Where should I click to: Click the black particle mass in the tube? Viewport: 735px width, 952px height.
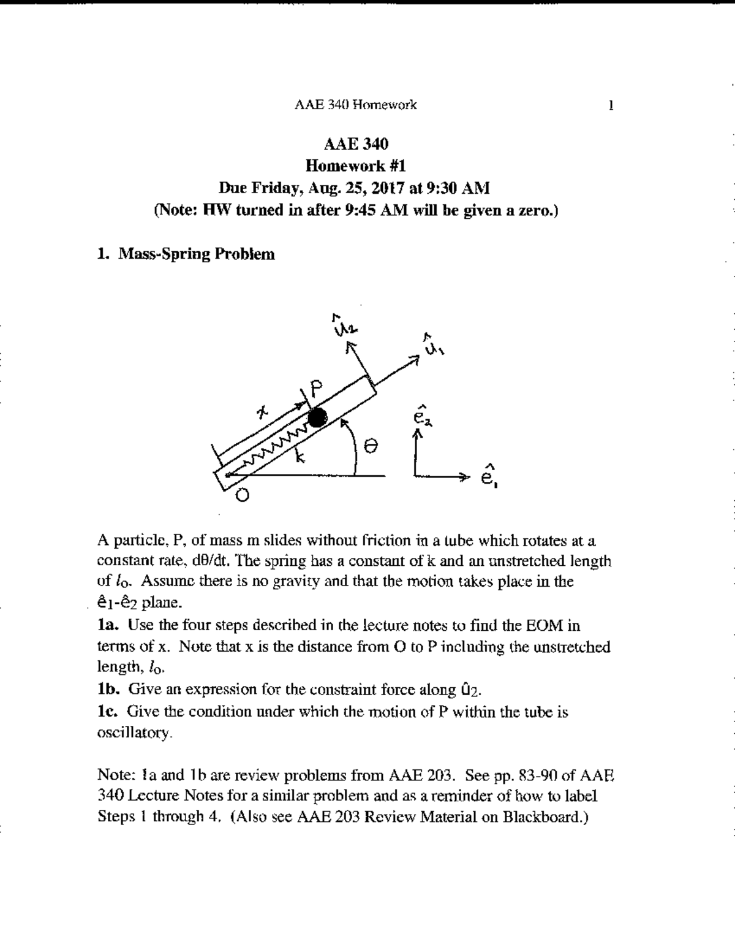click(317, 418)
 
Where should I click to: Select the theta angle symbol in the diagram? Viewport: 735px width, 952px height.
click(369, 447)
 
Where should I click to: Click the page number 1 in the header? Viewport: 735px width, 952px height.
click(610, 105)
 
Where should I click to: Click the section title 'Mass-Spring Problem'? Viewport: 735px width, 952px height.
click(196, 254)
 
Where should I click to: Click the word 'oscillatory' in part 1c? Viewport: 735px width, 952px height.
click(130, 733)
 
